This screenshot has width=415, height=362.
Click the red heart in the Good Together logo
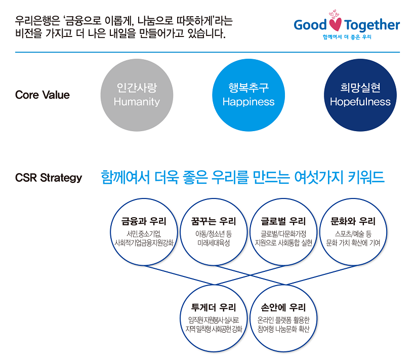[336, 24]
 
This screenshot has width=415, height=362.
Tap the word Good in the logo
[310, 25]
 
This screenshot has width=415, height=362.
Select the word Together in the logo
[372, 25]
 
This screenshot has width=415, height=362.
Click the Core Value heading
[43, 95]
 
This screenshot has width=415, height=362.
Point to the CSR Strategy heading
[49, 178]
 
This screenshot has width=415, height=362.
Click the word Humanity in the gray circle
[137, 102]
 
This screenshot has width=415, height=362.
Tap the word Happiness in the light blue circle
[248, 102]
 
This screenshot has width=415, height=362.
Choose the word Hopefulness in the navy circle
[360, 102]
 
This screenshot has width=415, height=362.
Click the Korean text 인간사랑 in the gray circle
[137, 88]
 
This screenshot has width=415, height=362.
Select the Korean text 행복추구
[248, 88]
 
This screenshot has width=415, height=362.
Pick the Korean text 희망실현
[360, 88]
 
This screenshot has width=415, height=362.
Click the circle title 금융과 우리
[144, 221]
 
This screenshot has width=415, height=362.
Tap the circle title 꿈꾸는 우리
[214, 221]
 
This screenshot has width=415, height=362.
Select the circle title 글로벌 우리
[283, 221]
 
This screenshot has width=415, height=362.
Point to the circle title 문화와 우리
[353, 221]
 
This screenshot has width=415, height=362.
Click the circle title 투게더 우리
[214, 307]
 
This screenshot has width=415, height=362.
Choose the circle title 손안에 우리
[283, 307]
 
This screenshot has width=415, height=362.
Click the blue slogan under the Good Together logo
[347, 37]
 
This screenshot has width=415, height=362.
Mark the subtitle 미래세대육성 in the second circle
[214, 243]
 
